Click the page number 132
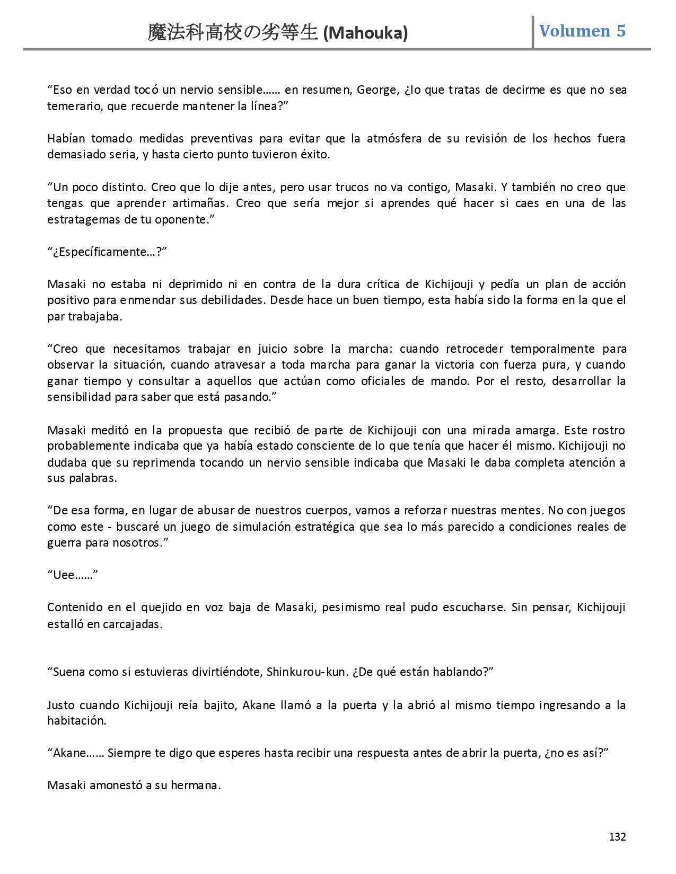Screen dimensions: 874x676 pyautogui.click(x=617, y=836)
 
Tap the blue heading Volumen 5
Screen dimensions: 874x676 pyautogui.click(x=582, y=31)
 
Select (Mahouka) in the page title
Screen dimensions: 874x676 pyautogui.click(x=365, y=33)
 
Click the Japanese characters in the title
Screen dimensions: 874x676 pyautogui.click(x=233, y=33)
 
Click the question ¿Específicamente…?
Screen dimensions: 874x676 pyautogui.click(x=107, y=252)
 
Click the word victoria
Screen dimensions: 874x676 pyautogui.click(x=447, y=365)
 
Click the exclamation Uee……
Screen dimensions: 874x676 pyautogui.click(x=73, y=575)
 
